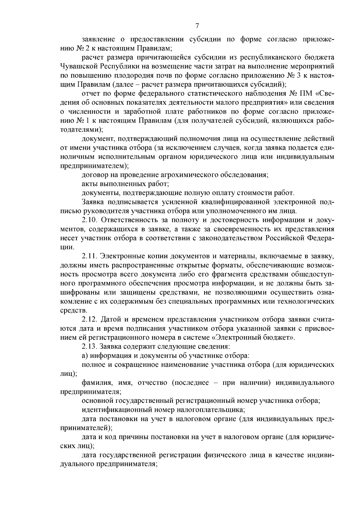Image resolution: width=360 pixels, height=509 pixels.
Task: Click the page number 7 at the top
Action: [x=197, y=26]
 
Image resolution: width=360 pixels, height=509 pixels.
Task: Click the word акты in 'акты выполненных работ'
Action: [x=89, y=184]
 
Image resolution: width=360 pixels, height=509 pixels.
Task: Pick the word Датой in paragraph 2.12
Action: [x=111, y=319]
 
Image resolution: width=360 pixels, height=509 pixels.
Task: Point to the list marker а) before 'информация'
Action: [x=85, y=356]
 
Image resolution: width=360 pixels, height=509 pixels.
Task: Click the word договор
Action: [x=94, y=175]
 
